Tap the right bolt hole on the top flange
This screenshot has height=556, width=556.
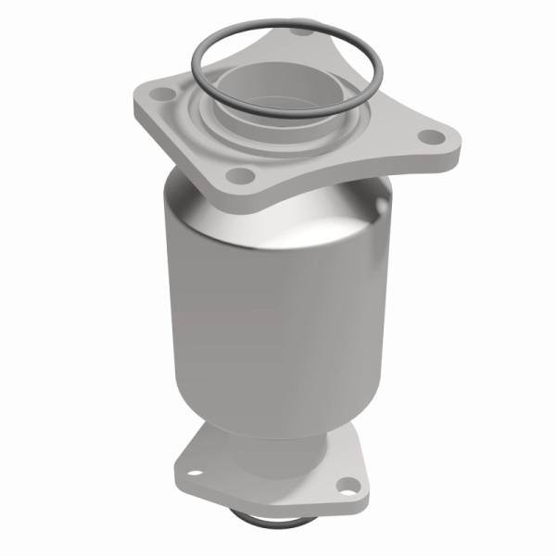(x=429, y=136)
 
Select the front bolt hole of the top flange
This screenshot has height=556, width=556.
(x=239, y=174)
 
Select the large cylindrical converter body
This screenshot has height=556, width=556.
(x=278, y=297)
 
